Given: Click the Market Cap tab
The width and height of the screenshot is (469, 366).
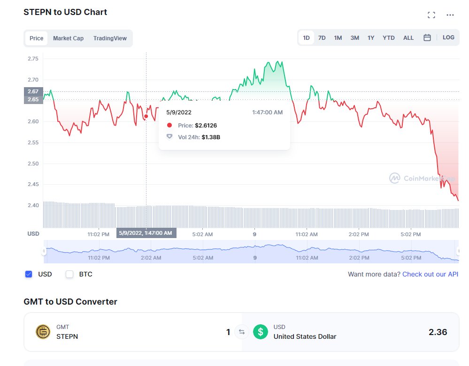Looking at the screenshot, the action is [x=68, y=38].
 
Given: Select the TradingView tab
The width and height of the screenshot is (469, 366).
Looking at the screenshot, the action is [x=110, y=38].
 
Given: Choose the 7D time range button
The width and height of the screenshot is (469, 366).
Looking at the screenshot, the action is [x=322, y=38].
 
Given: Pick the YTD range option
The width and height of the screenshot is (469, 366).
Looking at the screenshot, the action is [x=389, y=38].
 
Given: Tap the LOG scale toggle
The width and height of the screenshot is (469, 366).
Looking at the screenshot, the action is [x=448, y=37].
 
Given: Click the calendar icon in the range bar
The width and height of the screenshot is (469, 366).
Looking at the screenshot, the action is [x=427, y=37].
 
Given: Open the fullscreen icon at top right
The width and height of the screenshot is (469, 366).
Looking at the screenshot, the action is [x=431, y=15].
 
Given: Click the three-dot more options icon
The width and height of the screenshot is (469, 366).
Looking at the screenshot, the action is [x=450, y=15].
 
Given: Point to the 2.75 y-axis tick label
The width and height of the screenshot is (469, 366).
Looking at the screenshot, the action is [x=33, y=59].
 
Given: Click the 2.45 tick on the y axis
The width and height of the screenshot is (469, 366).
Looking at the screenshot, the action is [x=33, y=185].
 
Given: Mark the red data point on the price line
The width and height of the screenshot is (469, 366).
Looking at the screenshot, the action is [x=146, y=116].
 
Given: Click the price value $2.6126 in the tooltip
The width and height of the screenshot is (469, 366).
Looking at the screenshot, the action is [x=206, y=126].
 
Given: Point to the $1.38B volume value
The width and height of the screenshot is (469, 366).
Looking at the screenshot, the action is [x=211, y=137].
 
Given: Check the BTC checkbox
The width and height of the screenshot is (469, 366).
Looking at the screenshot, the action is [x=69, y=274].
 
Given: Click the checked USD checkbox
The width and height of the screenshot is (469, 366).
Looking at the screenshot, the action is [x=29, y=274].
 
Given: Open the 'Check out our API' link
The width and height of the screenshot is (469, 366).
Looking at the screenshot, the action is [x=430, y=274].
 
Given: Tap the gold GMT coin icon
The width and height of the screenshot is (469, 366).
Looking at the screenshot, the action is [x=43, y=332].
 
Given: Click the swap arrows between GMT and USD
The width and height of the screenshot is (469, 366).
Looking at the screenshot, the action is [x=242, y=332].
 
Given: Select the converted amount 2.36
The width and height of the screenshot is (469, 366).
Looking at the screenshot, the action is [x=438, y=332].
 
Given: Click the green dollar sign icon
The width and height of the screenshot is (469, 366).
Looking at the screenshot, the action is [x=261, y=332].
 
